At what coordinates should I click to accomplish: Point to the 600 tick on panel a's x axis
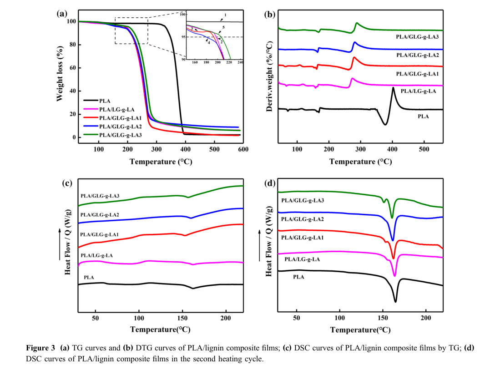coord(243,149)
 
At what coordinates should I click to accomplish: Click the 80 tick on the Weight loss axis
coord(71,45)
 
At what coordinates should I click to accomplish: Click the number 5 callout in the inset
coord(223,28)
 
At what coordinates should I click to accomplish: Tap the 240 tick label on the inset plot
coord(240,62)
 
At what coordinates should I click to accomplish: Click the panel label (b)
coord(269,14)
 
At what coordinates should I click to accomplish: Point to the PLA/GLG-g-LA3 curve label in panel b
coord(417,36)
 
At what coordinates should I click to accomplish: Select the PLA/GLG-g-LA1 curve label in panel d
coord(302,238)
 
